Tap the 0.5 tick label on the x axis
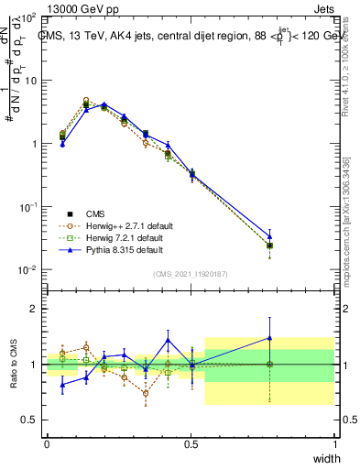[x=191, y=444]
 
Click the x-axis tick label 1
[x=334, y=444]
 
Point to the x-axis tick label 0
[x=47, y=444]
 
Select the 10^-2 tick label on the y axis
[x=27, y=270]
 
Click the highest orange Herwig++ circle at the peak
[x=86, y=101]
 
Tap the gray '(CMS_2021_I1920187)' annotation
[x=190, y=273]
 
